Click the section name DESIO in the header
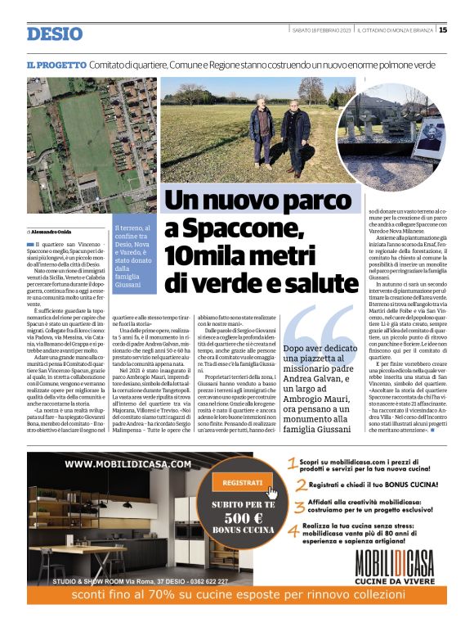[54, 34]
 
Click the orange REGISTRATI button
[243, 482]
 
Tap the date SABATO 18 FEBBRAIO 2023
[323, 30]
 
